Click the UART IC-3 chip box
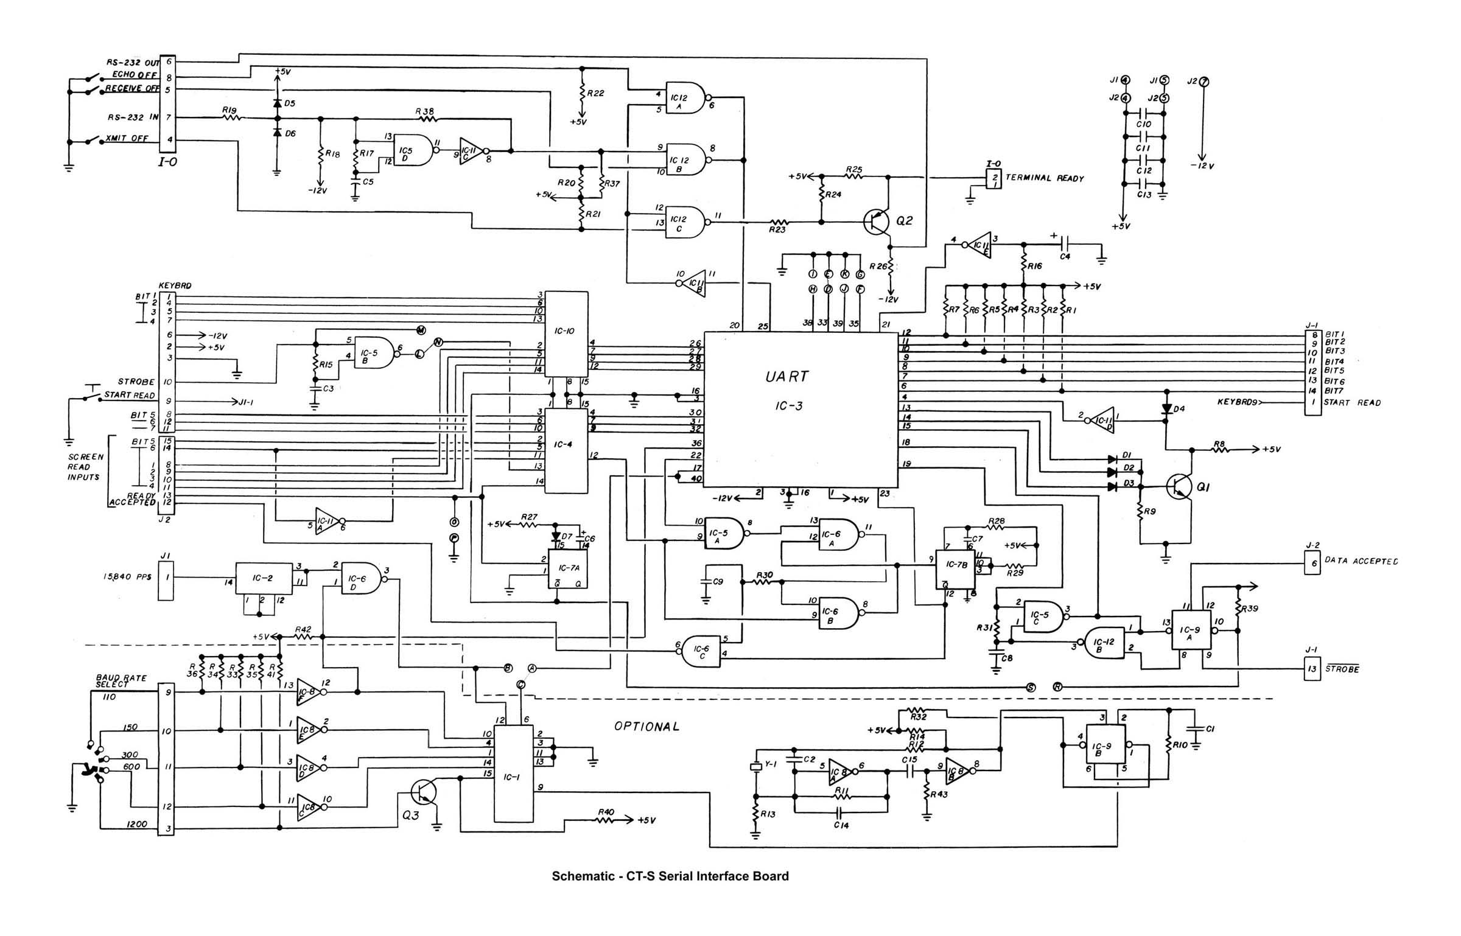point(801,408)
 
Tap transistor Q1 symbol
point(1180,486)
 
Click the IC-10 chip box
point(566,334)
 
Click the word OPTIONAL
point(646,727)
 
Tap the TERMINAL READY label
point(1044,178)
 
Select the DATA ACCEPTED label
point(1361,561)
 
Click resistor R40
point(606,820)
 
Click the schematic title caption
point(670,876)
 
